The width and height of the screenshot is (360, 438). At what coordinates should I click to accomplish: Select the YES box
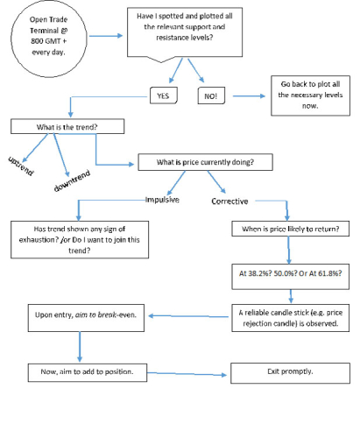[164, 95]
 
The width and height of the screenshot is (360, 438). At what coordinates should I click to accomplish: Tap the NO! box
[211, 95]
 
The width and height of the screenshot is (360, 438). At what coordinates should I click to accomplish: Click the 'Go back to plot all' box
[310, 95]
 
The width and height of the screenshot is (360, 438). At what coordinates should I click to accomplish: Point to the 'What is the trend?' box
[67, 126]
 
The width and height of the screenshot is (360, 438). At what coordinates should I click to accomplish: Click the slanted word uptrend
[21, 166]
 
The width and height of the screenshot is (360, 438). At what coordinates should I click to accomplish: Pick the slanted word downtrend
[72, 180]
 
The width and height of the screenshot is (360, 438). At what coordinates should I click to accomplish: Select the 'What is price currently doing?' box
[205, 162]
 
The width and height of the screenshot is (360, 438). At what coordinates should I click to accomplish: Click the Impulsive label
[162, 200]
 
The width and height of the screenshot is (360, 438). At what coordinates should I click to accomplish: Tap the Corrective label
[229, 201]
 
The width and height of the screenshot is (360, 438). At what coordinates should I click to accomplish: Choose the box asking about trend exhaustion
[80, 239]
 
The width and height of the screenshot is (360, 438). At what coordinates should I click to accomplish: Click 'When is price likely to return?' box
[291, 229]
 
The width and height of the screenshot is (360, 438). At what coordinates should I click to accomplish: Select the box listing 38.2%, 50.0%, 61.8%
[291, 277]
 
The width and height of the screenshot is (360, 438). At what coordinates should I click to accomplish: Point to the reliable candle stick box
[291, 318]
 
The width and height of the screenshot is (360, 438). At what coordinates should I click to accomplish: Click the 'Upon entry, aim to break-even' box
[86, 318]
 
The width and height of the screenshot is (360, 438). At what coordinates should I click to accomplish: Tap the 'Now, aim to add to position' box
[88, 372]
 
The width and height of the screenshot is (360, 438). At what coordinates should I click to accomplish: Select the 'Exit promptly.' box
[290, 373]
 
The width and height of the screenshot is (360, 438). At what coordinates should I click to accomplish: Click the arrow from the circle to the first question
[106, 36]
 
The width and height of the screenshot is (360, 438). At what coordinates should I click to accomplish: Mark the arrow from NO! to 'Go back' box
[249, 95]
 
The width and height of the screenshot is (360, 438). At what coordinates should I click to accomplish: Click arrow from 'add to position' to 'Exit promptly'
[187, 374]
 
